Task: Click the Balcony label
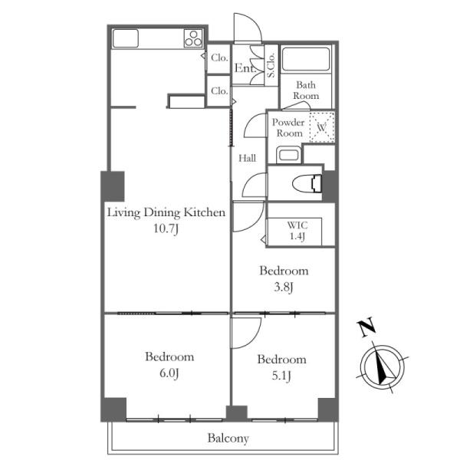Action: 228,439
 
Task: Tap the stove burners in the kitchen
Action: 193,38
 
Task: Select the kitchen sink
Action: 125,38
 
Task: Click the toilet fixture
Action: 307,184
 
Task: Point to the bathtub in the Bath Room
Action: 305,59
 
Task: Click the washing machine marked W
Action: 322,127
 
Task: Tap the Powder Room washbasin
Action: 289,155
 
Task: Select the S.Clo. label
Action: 271,65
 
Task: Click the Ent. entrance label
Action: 245,68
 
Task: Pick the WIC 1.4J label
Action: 297,231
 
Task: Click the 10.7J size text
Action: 166,228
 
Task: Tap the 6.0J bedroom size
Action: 169,373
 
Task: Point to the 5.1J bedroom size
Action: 281,376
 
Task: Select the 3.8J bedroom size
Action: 284,287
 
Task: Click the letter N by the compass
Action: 366,327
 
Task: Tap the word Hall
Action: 248,159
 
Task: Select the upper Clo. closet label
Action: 219,58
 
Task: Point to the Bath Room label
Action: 306,90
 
